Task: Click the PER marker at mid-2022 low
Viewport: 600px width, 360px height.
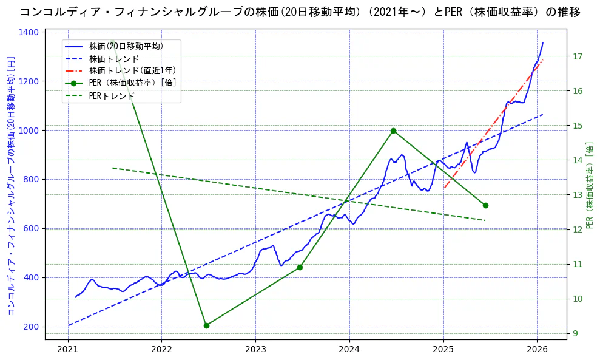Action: click(x=206, y=325)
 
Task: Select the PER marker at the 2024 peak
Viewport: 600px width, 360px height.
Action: click(x=393, y=131)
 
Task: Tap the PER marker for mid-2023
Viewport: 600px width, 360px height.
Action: click(x=300, y=267)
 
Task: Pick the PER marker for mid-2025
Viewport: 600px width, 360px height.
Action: click(x=485, y=205)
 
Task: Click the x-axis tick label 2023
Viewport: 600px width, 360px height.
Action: click(x=255, y=350)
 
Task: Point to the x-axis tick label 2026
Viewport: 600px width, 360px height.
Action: click(x=537, y=350)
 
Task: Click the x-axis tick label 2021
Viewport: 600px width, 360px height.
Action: click(x=68, y=350)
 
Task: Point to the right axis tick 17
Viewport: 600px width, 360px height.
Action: click(x=578, y=56)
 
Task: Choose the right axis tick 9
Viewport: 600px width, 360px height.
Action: click(x=576, y=333)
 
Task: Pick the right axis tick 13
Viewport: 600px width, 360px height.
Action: click(x=578, y=195)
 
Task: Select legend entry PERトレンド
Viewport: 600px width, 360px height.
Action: click(x=112, y=96)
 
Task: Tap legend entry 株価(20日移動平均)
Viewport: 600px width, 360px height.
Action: click(x=126, y=46)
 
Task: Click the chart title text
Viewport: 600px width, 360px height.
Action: click(x=300, y=12)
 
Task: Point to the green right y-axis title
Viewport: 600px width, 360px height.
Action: click(x=589, y=185)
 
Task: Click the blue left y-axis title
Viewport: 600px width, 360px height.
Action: click(x=10, y=185)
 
